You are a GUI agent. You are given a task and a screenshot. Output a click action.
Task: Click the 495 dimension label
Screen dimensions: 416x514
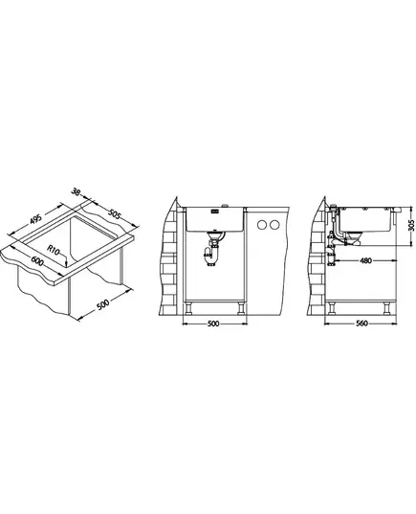(35, 219)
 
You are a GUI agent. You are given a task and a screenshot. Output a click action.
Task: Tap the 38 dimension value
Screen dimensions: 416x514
(76, 192)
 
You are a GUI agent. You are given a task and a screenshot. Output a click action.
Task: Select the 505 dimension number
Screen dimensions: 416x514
(115, 214)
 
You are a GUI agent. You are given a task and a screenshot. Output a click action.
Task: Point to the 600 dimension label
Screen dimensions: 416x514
(37, 260)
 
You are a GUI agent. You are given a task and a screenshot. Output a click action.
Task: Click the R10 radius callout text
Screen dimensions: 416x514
(53, 250)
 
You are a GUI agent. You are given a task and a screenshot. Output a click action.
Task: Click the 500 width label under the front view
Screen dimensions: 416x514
(213, 324)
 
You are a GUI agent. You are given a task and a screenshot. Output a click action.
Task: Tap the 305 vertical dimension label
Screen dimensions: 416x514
(412, 225)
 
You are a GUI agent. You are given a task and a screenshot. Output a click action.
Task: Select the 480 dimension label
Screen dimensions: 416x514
(365, 260)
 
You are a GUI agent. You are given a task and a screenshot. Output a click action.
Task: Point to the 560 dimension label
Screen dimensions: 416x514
(361, 324)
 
